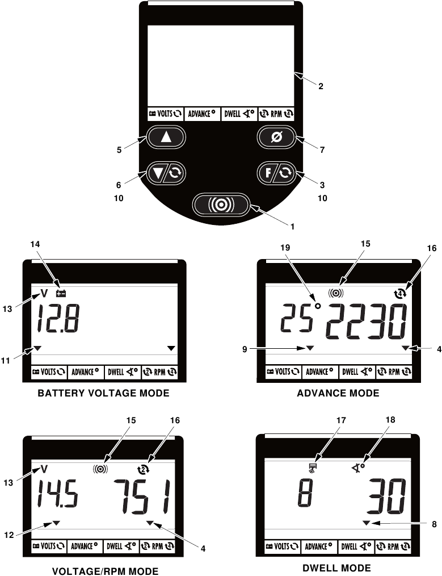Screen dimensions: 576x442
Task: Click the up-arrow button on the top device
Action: point(165,137)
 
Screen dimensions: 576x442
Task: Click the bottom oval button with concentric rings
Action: point(221,204)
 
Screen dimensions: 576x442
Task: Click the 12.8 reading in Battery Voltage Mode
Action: point(58,322)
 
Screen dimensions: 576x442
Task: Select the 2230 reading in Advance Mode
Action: point(369,322)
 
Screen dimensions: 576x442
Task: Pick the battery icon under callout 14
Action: point(61,294)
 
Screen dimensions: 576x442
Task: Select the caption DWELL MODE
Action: point(338,567)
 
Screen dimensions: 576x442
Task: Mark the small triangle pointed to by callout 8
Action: point(367,522)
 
